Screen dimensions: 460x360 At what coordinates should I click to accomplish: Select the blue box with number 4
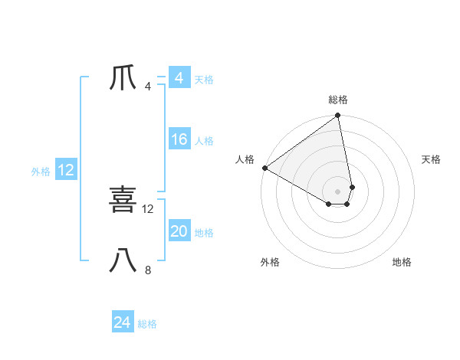[179, 78]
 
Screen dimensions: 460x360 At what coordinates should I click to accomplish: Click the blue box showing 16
[179, 139]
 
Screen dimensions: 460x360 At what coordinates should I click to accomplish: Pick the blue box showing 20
[179, 231]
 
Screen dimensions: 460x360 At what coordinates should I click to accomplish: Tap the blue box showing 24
[122, 322]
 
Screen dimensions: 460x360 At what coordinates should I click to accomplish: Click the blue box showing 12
[66, 170]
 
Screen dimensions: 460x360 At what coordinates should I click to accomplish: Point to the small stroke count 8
[148, 270]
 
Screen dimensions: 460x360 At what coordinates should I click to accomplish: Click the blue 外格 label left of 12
[41, 172]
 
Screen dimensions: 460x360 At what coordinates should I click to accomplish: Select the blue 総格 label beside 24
[147, 324]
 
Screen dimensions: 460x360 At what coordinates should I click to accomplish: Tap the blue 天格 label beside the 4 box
[204, 80]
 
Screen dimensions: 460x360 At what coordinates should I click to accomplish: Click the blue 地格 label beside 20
[204, 233]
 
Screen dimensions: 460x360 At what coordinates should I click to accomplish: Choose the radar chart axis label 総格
[338, 100]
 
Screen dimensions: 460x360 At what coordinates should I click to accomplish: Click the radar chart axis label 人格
[245, 159]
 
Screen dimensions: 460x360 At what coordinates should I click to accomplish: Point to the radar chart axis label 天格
[431, 159]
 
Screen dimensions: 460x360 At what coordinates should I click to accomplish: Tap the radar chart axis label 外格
[270, 262]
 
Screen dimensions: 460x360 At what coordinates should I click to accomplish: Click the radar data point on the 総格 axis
[338, 116]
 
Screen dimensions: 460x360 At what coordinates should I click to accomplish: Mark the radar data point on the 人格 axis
[264, 168]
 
